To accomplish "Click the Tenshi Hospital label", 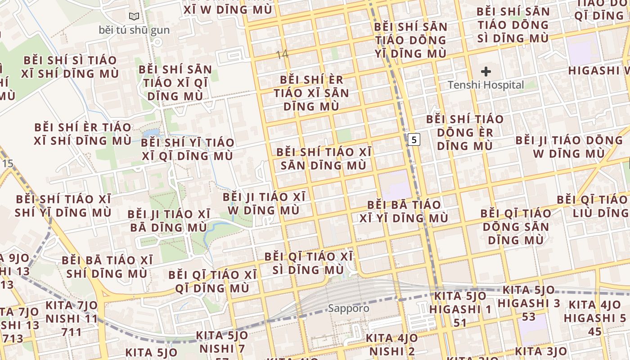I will tap(486, 85).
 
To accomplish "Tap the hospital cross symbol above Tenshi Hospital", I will tap(486, 71).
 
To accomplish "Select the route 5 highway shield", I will tap(414, 139).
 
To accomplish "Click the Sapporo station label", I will tap(348, 308).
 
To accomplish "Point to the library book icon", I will tap(134, 17).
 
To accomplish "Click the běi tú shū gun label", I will tap(134, 30).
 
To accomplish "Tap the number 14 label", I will tap(282, 55).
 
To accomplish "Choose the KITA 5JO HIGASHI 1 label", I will tap(460, 309).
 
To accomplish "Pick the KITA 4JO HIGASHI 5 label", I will tap(594, 318).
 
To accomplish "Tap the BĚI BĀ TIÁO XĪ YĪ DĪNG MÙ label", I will tap(404, 211).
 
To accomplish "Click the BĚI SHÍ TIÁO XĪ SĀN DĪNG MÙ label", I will tap(324, 158).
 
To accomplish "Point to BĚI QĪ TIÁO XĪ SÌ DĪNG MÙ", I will tap(308, 263).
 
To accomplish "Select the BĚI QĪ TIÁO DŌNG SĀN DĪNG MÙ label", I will tap(516, 226).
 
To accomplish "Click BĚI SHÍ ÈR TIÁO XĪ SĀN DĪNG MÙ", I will tap(311, 93).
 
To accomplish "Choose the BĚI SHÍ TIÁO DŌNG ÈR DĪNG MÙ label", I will tap(465, 132).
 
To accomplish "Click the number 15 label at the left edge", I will tap(8, 163).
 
